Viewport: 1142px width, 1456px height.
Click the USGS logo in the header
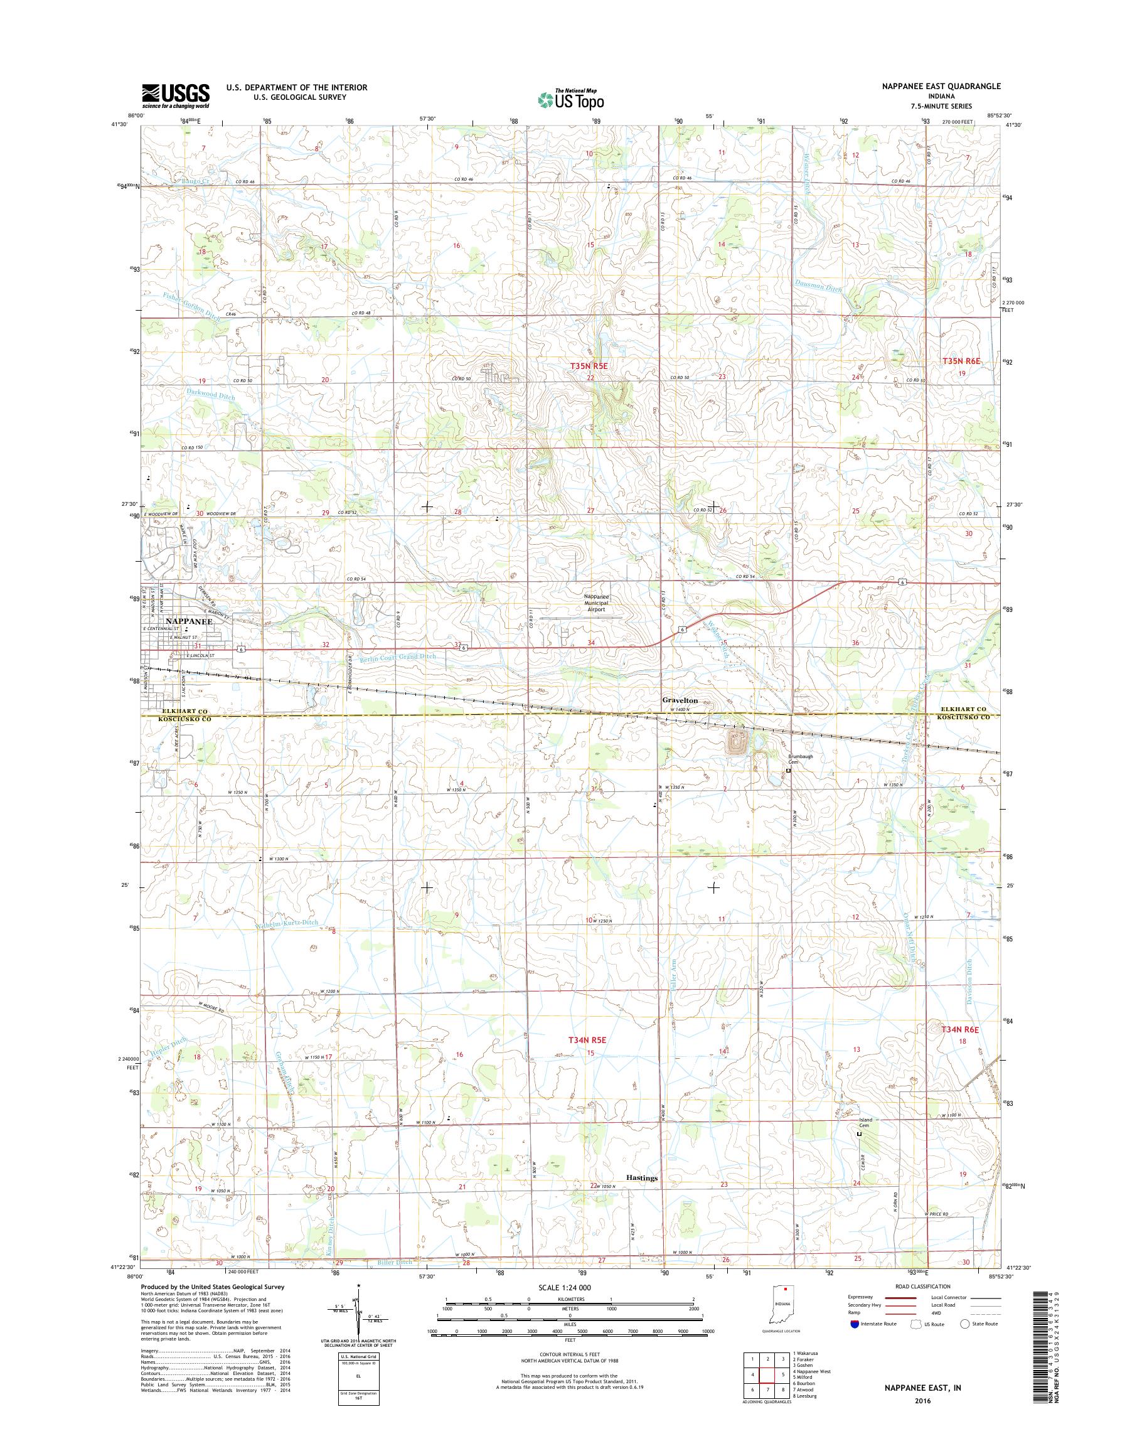tap(175, 95)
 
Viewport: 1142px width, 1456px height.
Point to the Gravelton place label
tap(680, 700)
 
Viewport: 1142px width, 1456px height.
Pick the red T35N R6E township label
tap(961, 360)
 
